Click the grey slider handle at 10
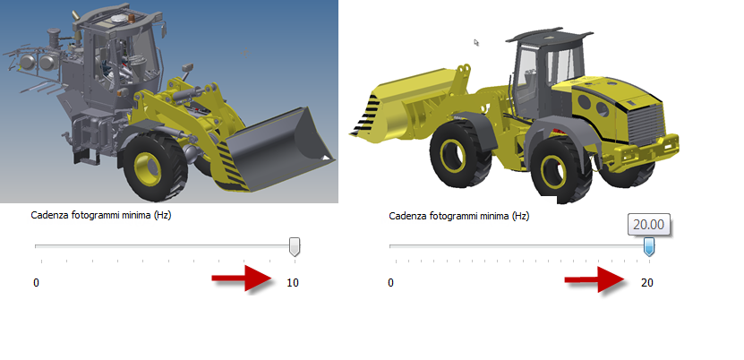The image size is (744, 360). pos(295,247)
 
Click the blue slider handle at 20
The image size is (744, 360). pos(648,247)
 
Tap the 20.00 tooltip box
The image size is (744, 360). pos(648,224)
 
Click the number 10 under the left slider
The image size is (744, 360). pos(293,283)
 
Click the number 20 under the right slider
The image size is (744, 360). pos(647,283)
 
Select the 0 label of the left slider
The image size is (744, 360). pos(36,283)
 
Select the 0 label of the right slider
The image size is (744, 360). pos(390,283)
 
